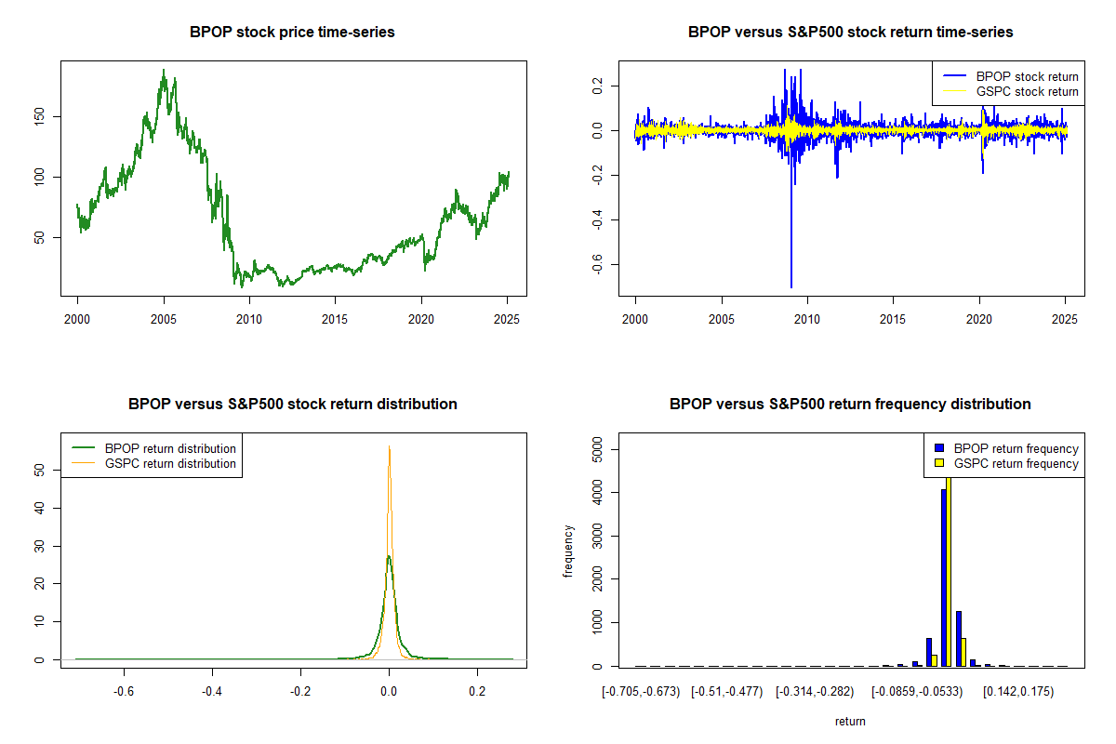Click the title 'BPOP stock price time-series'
click(x=292, y=33)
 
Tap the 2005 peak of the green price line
click(x=164, y=70)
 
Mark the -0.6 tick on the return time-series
click(x=599, y=265)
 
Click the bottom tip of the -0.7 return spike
click(x=791, y=287)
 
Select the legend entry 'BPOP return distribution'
click(x=170, y=448)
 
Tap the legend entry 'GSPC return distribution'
click(x=170, y=463)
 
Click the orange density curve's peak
click(x=389, y=446)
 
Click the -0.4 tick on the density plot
click(x=213, y=691)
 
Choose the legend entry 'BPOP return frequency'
click(x=1016, y=448)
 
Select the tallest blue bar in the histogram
click(x=943, y=578)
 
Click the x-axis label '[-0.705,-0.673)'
click(x=641, y=691)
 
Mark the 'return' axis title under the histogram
click(x=850, y=721)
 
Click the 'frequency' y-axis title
click(x=568, y=551)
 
